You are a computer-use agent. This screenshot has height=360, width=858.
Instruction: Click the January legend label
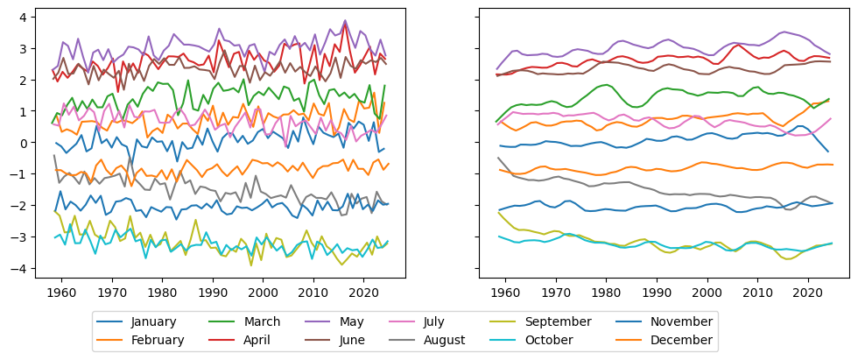[155, 322]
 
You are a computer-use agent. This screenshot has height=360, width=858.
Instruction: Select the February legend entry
[158, 340]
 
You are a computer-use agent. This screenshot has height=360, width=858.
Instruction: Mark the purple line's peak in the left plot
[345, 20]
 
